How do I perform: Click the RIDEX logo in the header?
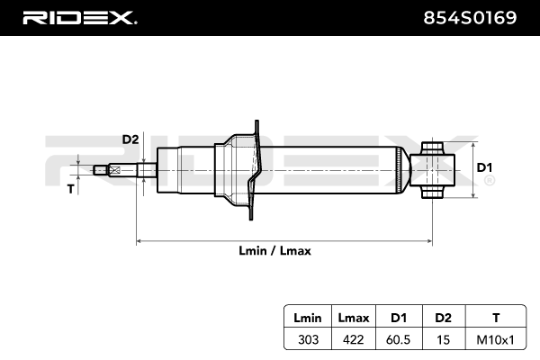click(78, 17)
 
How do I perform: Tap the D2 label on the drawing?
click(130, 139)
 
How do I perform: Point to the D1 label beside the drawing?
click(484, 168)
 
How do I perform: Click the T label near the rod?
click(71, 189)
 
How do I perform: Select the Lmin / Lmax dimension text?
click(282, 251)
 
